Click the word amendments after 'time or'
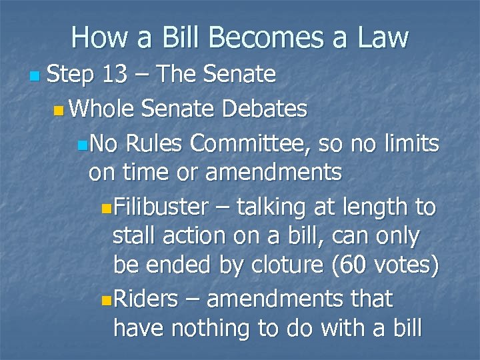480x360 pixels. [275, 173]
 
